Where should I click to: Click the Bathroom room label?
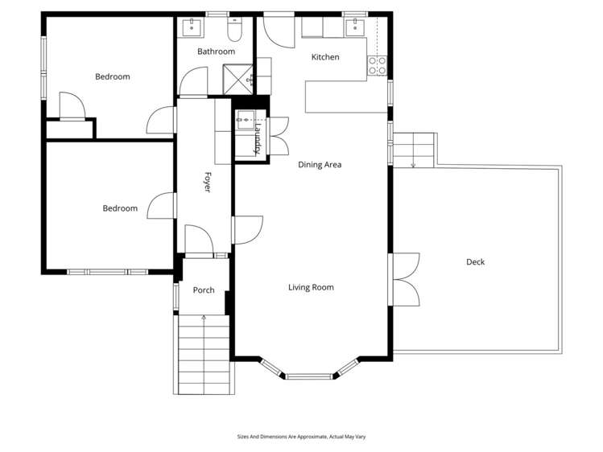pyautogui.click(x=216, y=51)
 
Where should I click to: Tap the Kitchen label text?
pyautogui.click(x=325, y=57)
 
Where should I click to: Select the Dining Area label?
pyautogui.click(x=320, y=165)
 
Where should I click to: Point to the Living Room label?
pyautogui.click(x=311, y=287)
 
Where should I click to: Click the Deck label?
pyautogui.click(x=475, y=261)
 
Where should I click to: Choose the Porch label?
pyautogui.click(x=204, y=290)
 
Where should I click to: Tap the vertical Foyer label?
pyautogui.click(x=206, y=183)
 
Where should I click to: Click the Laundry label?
pyautogui.click(x=258, y=138)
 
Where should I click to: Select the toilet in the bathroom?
pyautogui.click(x=235, y=31)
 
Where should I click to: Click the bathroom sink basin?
pyautogui.click(x=192, y=27)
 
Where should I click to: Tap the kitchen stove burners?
pyautogui.click(x=377, y=65)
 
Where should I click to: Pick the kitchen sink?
pyautogui.click(x=353, y=27)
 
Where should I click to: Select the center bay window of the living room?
pyautogui.click(x=310, y=376)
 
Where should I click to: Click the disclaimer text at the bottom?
pyautogui.click(x=301, y=437)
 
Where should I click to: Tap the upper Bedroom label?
pyautogui.click(x=112, y=77)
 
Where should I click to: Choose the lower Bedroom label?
pyautogui.click(x=120, y=208)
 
